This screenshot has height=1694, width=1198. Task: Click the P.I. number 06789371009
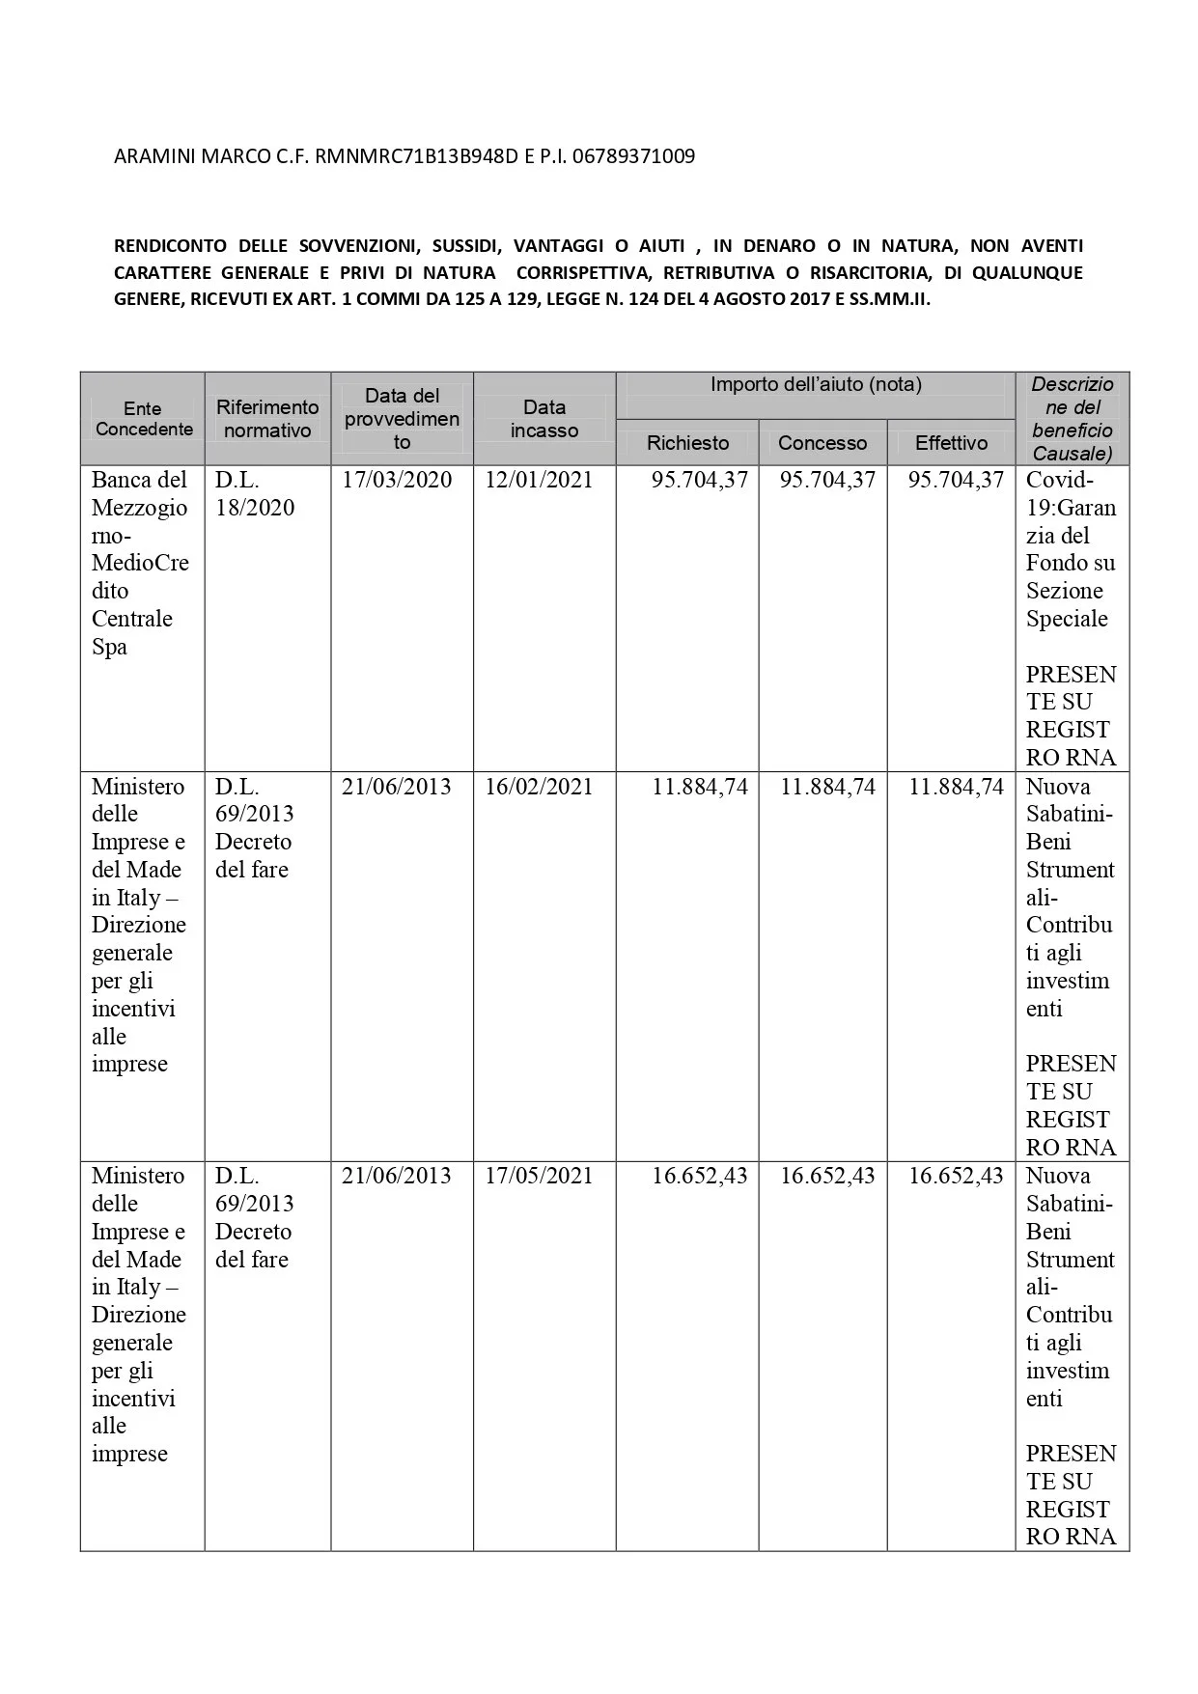[x=633, y=156]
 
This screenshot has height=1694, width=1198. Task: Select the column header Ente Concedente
[x=143, y=419]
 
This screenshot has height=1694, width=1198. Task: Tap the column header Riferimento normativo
[x=267, y=419]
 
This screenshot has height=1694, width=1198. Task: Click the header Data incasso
[x=544, y=419]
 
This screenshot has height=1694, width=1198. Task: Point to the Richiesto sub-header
[x=687, y=443]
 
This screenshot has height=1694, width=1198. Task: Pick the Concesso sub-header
[x=822, y=443]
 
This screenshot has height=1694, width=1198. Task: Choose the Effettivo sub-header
[x=951, y=443]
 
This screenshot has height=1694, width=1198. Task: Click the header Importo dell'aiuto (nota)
[x=816, y=385]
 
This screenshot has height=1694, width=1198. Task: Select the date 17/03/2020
[x=397, y=481]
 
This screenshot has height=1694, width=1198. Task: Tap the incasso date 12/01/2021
[x=539, y=481]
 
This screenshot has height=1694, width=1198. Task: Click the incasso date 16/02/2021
[x=539, y=788]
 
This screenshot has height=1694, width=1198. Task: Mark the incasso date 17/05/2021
[x=539, y=1177]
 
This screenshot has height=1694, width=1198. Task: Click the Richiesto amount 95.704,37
[x=699, y=481]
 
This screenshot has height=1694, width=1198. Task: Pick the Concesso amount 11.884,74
[x=827, y=788]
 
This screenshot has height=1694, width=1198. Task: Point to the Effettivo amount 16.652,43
[x=956, y=1177]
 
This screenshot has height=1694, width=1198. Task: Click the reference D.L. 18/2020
[x=255, y=494]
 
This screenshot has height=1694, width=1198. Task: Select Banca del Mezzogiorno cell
[x=140, y=563]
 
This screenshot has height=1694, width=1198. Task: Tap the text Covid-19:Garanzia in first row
[x=1070, y=508]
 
